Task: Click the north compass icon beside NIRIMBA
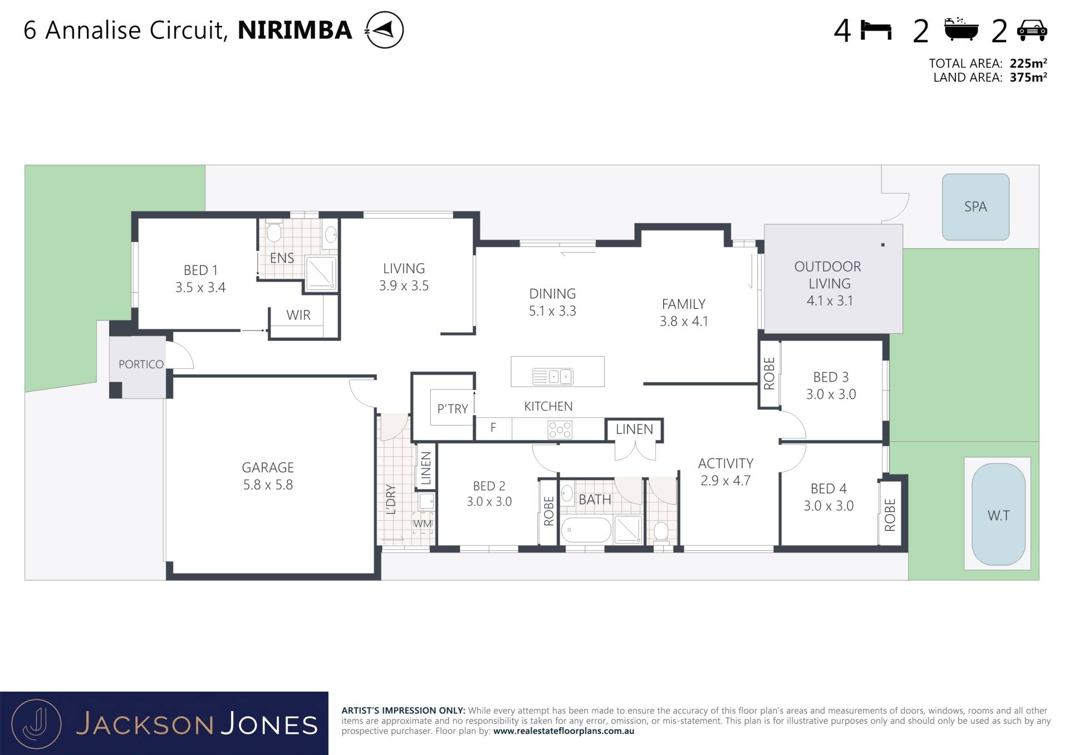tap(384, 30)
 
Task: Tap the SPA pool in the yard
tap(975, 207)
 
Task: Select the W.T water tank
tap(998, 515)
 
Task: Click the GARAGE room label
tap(268, 468)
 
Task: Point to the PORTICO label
tap(141, 364)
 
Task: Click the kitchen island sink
tap(552, 377)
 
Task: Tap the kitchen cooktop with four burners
tap(560, 430)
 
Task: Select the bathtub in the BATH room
tap(586, 530)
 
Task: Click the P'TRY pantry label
tap(453, 409)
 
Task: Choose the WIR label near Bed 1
tap(298, 315)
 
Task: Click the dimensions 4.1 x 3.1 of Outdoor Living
tap(830, 301)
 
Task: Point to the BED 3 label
tap(831, 377)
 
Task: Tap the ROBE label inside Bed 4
tap(890, 515)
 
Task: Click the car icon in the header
tap(1032, 31)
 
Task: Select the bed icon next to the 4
tap(876, 30)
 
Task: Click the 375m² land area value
tap(1028, 78)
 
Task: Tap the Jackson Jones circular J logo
tap(37, 723)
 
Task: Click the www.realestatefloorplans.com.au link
tap(563, 731)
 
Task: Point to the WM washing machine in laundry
tap(423, 524)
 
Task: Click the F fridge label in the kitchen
tap(493, 428)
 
